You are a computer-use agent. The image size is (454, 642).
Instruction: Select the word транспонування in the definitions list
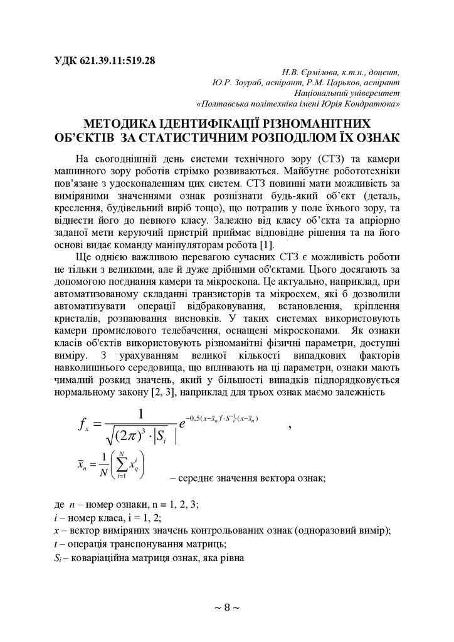(x=129, y=544)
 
